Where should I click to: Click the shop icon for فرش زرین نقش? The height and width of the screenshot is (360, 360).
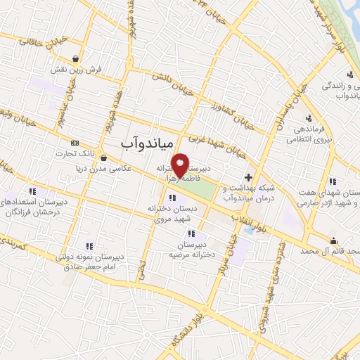point(75,58)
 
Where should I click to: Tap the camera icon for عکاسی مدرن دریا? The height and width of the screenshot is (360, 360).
point(104,159)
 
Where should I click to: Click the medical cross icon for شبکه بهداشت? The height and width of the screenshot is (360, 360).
point(247,176)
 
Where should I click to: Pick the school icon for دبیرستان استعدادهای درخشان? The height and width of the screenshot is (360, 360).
point(32,191)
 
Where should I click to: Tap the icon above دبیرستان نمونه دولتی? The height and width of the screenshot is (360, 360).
point(89,245)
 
